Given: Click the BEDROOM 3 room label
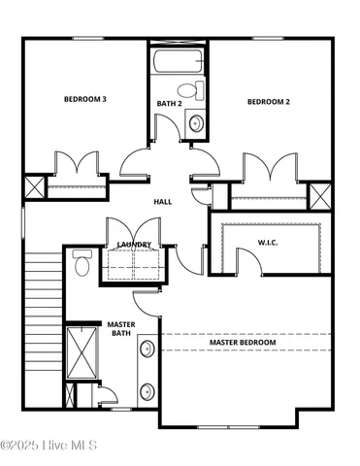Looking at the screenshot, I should coord(85,98).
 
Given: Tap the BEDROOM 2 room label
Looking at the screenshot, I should coord(268,102).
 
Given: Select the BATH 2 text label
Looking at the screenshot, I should coord(170,103).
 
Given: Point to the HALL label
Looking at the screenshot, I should coord(164,202).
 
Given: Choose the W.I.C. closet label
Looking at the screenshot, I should coord(269,242).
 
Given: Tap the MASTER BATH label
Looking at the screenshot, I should coord(120,329).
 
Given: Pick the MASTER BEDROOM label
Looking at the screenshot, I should coord(243,343).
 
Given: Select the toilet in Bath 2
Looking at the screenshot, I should coord(199,92).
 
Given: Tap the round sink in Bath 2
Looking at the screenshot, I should coord(195,123).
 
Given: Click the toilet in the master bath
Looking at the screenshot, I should coord(82,263).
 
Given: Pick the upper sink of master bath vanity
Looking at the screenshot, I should coord(147,349).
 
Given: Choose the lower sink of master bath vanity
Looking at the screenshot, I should coord(147,391).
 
